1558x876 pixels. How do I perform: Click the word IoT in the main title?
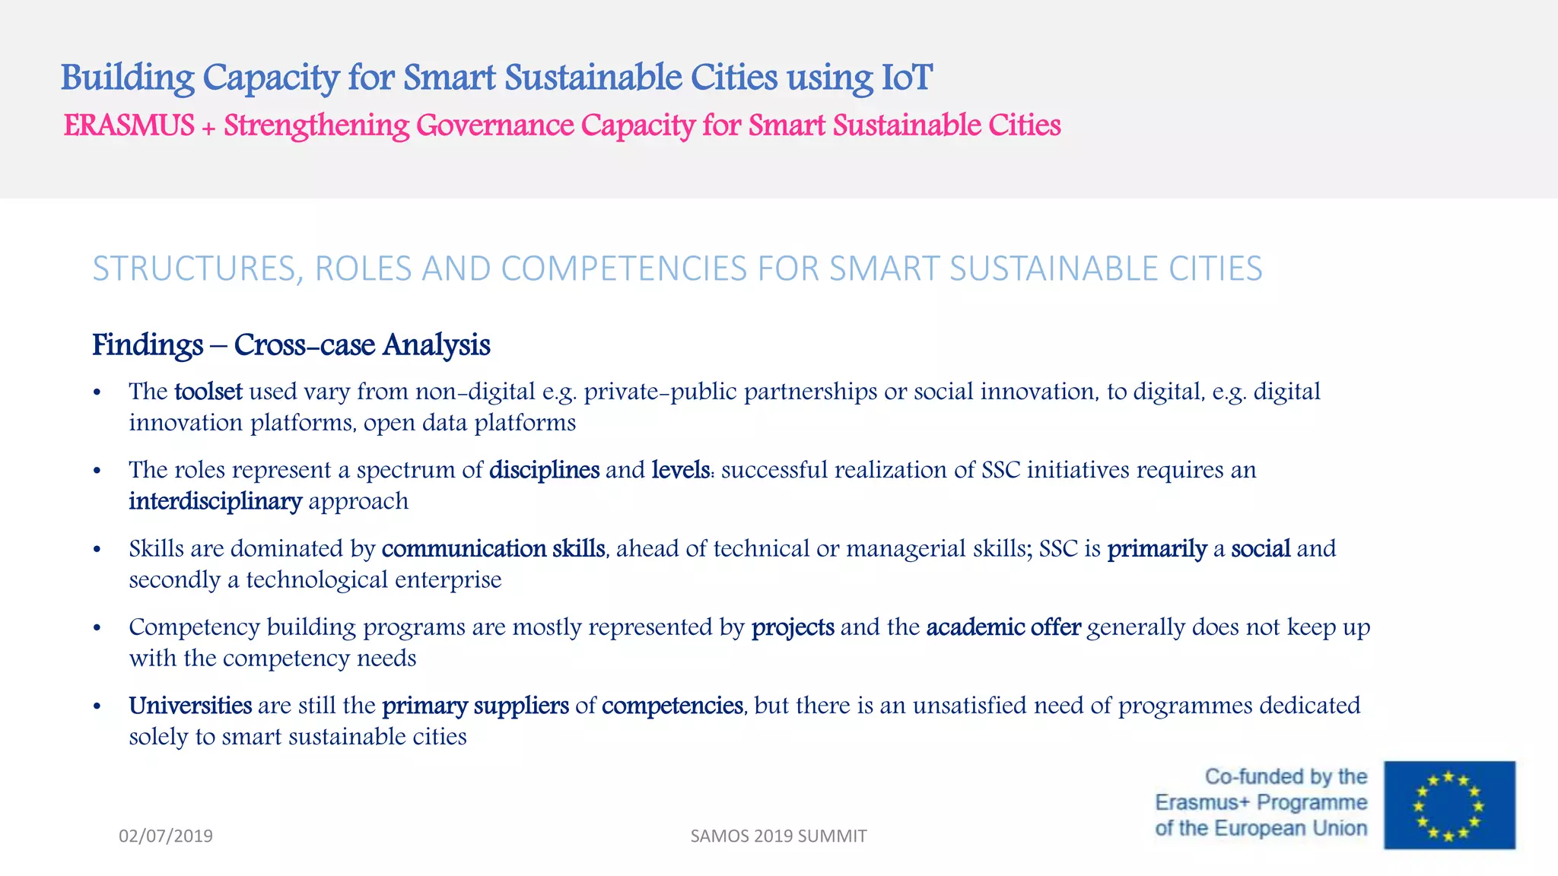coord(906,78)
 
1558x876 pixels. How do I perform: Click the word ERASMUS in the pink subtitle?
coord(129,125)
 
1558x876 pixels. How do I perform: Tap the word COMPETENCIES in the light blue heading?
coord(624,268)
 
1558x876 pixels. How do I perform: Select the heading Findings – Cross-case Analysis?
coord(291,344)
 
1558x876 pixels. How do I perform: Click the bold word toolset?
coord(208,392)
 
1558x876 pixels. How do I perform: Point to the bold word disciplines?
coord(544,470)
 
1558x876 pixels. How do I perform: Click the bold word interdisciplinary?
coord(215,501)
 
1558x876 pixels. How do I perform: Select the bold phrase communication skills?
coord(493,548)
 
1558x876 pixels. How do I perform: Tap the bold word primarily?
coord(1156,548)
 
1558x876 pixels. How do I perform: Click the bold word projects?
coord(793,627)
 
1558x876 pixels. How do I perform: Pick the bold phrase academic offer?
coord(1003,627)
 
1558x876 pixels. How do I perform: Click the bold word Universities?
coord(190,706)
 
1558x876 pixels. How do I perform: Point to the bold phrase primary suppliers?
coord(475,706)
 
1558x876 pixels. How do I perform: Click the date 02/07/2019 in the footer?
coord(166,836)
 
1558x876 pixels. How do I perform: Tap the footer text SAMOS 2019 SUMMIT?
coord(778,836)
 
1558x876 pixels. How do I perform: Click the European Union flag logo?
coord(1449,805)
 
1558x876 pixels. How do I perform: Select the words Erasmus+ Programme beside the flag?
coord(1261,802)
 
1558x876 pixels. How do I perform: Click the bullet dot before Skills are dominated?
coord(97,549)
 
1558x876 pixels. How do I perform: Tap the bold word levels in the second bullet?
coord(680,470)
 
